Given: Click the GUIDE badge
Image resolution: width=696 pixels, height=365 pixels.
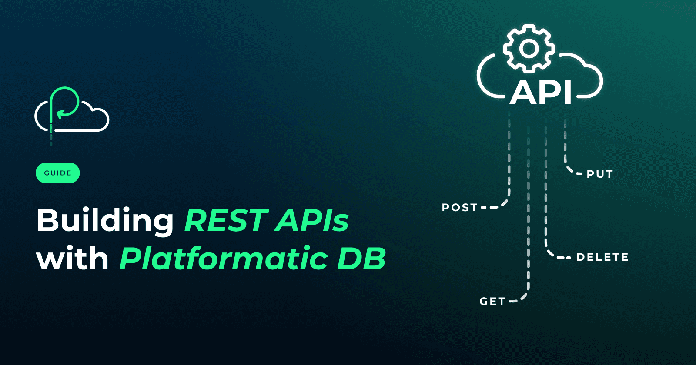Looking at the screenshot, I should [x=58, y=173].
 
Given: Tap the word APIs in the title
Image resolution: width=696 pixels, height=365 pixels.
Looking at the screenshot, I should [x=311, y=220].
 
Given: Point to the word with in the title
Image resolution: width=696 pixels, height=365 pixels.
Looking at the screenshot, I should [x=72, y=259].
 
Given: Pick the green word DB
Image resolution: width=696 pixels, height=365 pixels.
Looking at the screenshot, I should [x=361, y=259].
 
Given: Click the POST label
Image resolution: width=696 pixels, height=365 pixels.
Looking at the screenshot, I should [x=460, y=208].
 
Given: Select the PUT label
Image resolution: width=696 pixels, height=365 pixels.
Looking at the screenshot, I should [x=600, y=174].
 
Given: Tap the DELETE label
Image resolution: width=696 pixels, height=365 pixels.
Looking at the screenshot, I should [x=602, y=257].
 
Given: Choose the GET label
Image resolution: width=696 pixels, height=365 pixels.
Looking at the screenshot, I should [x=492, y=302].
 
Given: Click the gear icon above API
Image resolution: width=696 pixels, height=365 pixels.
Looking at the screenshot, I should [x=529, y=48].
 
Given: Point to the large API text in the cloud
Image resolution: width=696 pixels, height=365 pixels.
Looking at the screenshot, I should [x=541, y=92].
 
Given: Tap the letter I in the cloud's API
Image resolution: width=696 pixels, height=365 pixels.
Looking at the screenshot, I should [x=567, y=92].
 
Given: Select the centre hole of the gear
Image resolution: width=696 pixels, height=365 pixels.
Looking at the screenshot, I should [x=529, y=48].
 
